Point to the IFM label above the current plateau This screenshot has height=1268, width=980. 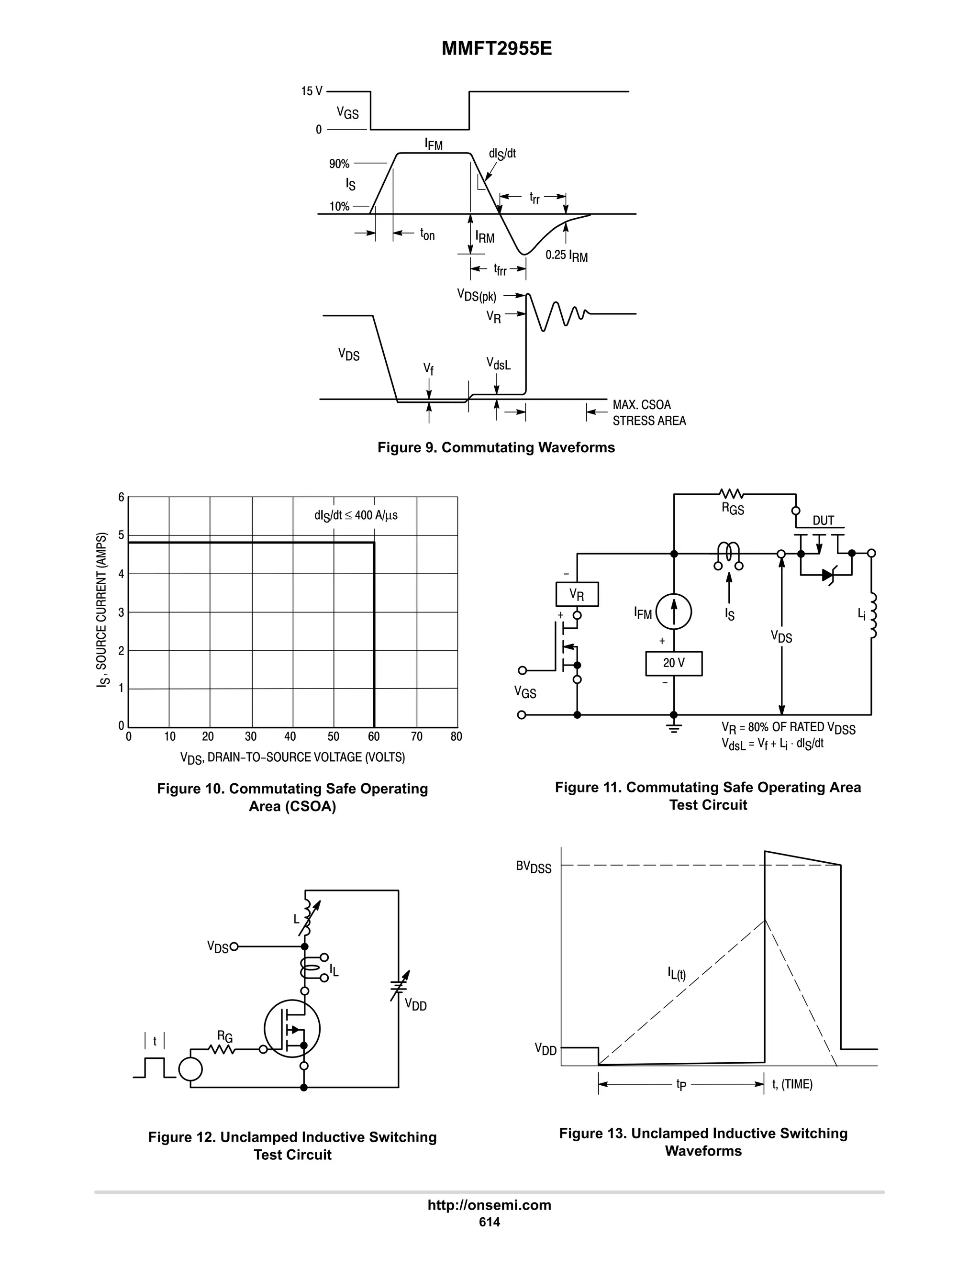pyautogui.click(x=433, y=144)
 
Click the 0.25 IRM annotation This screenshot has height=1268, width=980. pyautogui.click(x=566, y=256)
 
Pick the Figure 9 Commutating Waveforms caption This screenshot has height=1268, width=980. pyautogui.click(x=496, y=448)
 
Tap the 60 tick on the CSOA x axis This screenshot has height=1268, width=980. pyautogui.click(x=374, y=737)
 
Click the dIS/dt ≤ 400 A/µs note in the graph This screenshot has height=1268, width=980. pyautogui.click(x=356, y=515)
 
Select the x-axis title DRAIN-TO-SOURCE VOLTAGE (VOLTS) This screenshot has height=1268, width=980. pyautogui.click(x=292, y=757)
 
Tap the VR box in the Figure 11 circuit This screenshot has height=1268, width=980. pyautogui.click(x=577, y=594)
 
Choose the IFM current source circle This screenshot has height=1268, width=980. pyautogui.click(x=673, y=612)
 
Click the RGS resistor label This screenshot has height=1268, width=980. pyautogui.click(x=733, y=509)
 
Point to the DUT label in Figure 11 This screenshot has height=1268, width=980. pyautogui.click(x=823, y=520)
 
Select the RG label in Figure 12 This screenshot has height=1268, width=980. pyautogui.click(x=225, y=1036)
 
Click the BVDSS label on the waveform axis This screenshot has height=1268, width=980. pyautogui.click(x=534, y=868)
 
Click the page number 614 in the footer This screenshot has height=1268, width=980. pyautogui.click(x=490, y=1222)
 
